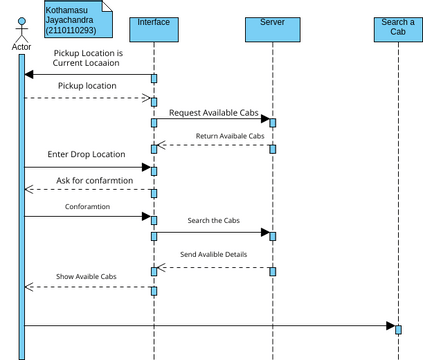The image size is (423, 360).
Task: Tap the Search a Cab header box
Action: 398,27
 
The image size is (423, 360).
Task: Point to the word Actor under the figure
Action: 20,47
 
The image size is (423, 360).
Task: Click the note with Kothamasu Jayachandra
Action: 77,20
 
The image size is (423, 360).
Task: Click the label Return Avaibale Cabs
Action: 229,136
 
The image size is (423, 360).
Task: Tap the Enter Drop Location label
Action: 86,154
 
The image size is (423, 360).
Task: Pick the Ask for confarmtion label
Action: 94,180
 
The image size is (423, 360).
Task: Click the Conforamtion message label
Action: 88,207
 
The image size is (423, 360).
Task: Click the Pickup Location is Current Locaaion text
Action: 88,58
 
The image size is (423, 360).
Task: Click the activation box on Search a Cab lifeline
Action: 398,328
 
